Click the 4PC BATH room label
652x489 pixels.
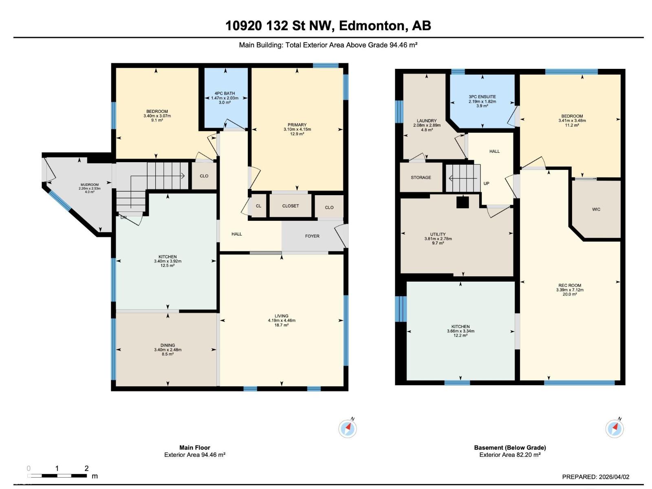(225, 93)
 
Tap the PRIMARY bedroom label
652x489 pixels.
(297, 125)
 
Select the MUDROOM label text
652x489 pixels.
(89, 185)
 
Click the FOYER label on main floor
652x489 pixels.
(312, 236)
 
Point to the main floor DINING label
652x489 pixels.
(167, 345)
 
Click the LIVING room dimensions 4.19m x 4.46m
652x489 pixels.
(282, 320)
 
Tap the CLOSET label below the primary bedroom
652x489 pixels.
(291, 206)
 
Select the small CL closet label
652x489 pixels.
(258, 206)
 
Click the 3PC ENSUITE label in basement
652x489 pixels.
(482, 97)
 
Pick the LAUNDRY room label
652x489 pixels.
(427, 121)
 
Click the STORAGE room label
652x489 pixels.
(421, 178)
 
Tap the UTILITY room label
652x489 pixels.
(438, 234)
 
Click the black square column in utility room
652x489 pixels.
(463, 202)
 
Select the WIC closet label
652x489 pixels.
(596, 209)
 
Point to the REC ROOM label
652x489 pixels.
(570, 285)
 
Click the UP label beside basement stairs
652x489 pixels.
(486, 183)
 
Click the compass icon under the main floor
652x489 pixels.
(348, 428)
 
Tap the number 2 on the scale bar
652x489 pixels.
(86, 468)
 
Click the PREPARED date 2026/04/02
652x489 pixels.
(613, 477)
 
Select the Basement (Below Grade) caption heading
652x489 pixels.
(510, 447)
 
